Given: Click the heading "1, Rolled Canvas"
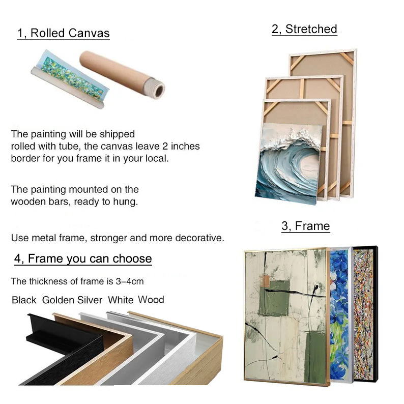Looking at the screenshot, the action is coord(64,33).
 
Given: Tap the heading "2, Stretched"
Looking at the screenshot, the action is coord(304,29).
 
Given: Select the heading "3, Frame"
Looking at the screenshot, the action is coord(306,226).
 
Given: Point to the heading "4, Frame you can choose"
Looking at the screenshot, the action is coord(83,258).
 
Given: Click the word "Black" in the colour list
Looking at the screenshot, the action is coord(24,300).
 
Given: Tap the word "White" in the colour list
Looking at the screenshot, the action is coord(121,300).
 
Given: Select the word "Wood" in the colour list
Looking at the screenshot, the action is coord(151,300).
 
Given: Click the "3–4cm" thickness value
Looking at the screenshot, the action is coord(130,281).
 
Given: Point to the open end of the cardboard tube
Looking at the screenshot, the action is coord(159,90).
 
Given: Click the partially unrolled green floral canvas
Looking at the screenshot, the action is coord(70,78).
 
